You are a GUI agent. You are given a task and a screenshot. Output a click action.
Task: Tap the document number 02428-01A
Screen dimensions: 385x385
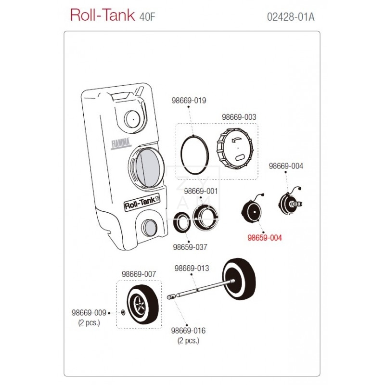coord(290,17)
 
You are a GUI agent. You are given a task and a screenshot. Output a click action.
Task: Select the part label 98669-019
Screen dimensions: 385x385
coord(189,101)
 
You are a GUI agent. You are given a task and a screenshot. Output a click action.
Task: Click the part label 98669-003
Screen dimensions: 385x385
coord(239,117)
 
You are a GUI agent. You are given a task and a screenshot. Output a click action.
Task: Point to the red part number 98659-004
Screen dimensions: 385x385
coord(265,238)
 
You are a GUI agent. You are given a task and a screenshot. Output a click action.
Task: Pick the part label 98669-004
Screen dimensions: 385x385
coord(286,166)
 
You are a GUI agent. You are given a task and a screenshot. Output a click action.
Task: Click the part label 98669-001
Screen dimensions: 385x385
coord(201,191)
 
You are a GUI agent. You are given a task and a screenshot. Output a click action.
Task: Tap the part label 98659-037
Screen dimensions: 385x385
coord(190,247)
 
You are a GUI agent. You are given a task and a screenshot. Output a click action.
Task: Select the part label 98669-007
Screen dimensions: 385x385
coord(139,274)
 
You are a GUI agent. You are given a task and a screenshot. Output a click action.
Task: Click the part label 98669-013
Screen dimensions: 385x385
coord(192,268)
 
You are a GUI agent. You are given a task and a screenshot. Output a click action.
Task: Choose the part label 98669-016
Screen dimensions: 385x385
coord(188,331)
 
